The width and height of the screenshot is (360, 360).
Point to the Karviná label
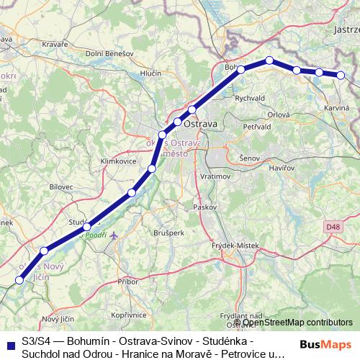coord(337,107)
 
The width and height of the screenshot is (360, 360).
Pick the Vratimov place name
coord(215,176)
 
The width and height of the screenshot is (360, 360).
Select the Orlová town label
coord(279,115)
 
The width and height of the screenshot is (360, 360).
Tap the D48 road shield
coord(332,227)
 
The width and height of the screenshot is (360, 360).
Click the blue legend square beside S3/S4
coord(9,343)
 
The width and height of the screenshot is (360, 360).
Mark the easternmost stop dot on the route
coord(341,75)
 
